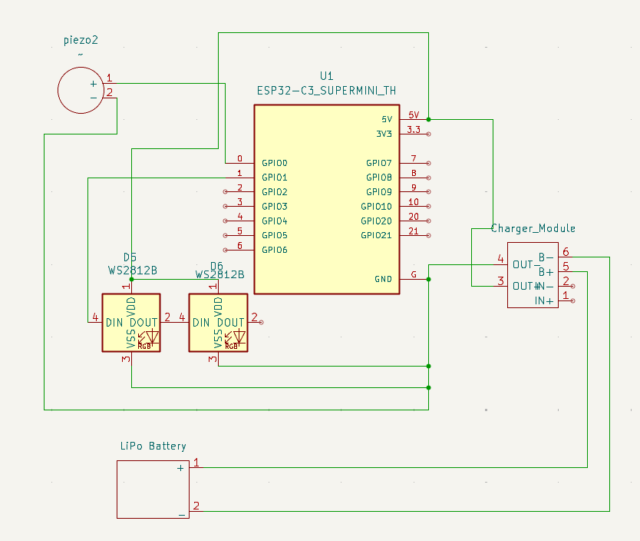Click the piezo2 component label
81,40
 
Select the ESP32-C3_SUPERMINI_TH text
327,91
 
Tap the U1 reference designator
327,76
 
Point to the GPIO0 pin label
274,163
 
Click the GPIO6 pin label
274,250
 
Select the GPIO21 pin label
378,235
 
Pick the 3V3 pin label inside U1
384,134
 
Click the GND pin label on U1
383,279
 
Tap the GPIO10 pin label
376,206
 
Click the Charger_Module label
533,229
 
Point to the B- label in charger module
546,257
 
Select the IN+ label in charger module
544,300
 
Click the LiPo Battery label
153,446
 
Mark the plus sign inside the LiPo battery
181,467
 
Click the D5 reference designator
130,257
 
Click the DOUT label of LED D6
231,322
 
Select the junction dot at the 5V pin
428,119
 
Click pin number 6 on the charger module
566,251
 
